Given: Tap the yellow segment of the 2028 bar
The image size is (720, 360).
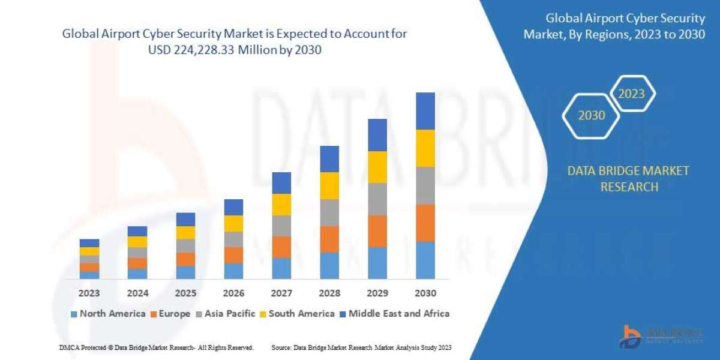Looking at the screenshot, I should [329, 185].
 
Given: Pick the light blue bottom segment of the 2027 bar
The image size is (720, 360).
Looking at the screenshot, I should [281, 268].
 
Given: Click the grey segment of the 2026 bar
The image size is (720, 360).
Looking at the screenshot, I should [233, 239].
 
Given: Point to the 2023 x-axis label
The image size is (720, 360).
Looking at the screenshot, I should [89, 293].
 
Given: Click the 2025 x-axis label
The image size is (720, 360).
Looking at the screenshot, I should [185, 293].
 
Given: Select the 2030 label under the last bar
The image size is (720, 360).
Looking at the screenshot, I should [425, 293].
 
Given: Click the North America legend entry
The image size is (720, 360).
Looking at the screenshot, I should [107, 313].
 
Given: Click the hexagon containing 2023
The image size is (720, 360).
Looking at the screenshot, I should [631, 94].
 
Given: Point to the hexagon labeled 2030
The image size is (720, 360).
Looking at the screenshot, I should [592, 115].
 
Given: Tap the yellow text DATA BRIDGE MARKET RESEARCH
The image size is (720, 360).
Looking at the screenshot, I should [628, 179].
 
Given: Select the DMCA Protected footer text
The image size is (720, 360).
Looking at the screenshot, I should [156, 347].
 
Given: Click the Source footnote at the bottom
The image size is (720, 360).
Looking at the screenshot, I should [361, 347].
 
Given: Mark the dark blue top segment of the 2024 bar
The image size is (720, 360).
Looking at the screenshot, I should [137, 231].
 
